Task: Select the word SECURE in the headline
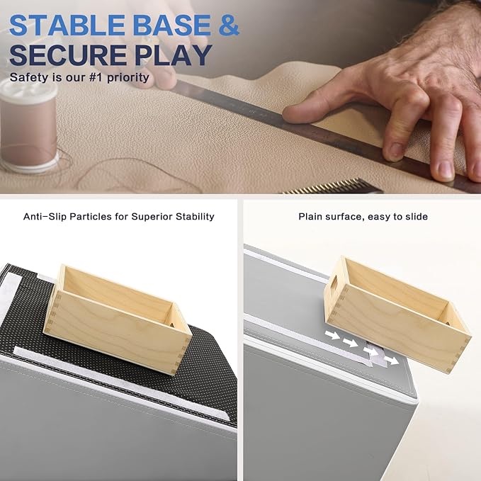click(x=68, y=55)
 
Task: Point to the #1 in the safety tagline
click(x=96, y=77)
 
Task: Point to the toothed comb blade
click(x=333, y=187)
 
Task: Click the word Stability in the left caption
click(x=195, y=217)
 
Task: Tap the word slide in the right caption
click(x=417, y=217)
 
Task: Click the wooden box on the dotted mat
click(x=118, y=319)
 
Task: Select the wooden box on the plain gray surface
click(x=397, y=314)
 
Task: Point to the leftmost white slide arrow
click(x=332, y=334)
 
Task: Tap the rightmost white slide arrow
click(x=392, y=360)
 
